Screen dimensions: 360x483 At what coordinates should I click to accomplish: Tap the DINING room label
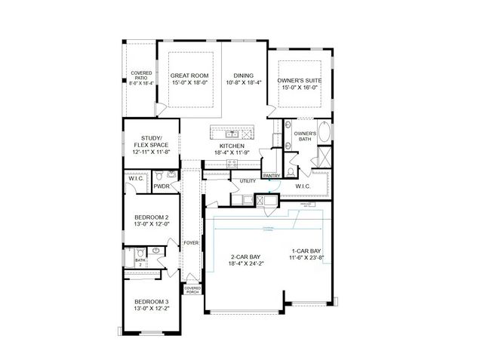(243, 75)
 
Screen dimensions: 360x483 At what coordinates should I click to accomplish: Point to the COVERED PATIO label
(141, 75)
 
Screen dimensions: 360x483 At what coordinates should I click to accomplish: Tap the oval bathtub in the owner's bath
(325, 133)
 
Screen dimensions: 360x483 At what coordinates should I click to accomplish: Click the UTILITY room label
(248, 181)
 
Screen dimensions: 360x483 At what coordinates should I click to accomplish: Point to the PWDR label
(161, 186)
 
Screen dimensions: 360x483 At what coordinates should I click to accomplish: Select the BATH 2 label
(140, 261)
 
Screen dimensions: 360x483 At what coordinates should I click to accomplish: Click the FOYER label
(192, 242)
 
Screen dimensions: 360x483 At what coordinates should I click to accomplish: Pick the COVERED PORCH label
(192, 289)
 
